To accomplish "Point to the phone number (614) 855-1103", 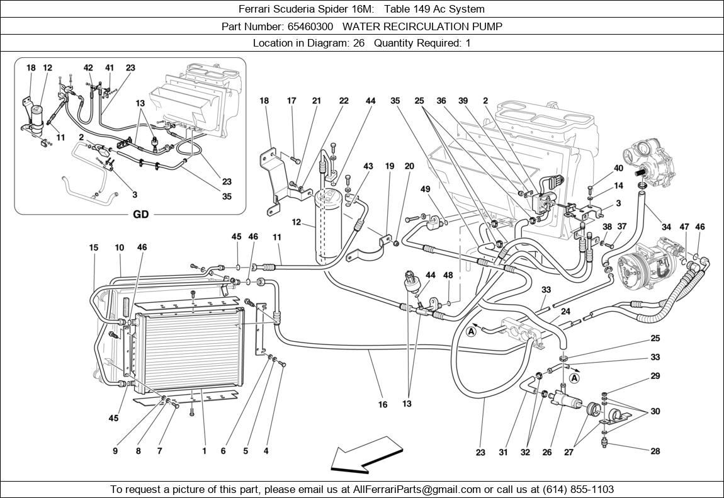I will (x=574, y=489).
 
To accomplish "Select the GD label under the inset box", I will (x=140, y=214).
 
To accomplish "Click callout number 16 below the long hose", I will (x=383, y=405).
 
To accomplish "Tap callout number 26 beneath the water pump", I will (x=547, y=451).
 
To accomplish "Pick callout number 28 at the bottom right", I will (x=655, y=451).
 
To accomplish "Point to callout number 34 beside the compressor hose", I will (x=666, y=227).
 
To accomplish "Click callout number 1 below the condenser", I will (x=204, y=451).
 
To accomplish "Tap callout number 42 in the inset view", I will (x=88, y=68).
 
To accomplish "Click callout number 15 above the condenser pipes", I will (x=93, y=248).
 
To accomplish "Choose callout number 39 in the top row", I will (x=463, y=101).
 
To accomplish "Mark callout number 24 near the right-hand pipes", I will (x=565, y=312).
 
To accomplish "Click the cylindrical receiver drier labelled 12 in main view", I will (x=329, y=224).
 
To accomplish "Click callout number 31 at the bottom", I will (x=503, y=451).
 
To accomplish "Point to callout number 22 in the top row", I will (x=343, y=101).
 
